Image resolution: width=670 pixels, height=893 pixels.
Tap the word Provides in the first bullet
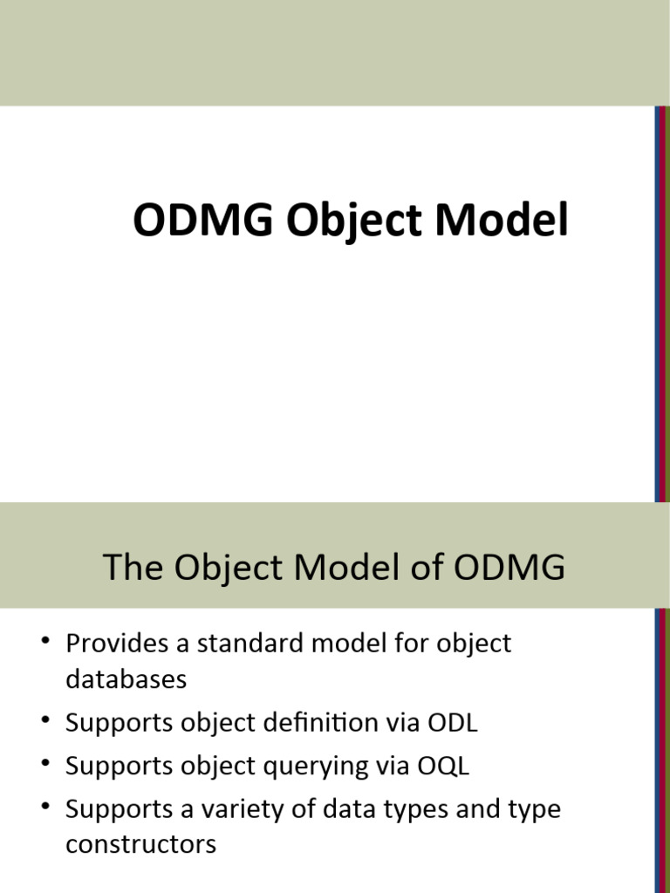121,644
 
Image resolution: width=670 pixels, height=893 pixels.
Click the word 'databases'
126,679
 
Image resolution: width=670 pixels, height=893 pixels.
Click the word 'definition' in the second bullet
315,723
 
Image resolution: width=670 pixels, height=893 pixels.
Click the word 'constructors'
140,844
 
